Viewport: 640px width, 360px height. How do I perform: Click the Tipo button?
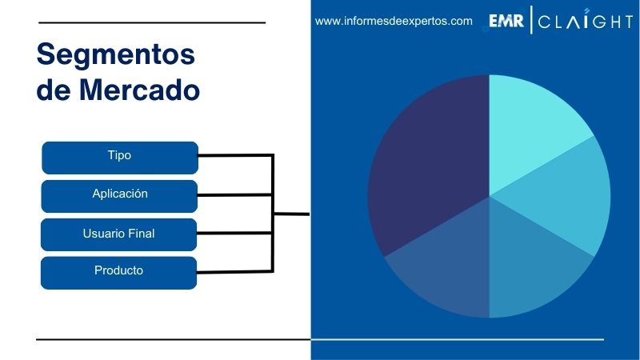coord(119,157)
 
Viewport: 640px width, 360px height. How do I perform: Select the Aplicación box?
coord(119,195)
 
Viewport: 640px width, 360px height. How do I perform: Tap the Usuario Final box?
coord(119,234)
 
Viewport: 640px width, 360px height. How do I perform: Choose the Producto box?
coord(119,272)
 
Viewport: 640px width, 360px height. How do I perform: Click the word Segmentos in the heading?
coord(116,55)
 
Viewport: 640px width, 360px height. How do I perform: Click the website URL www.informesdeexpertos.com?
coord(394,22)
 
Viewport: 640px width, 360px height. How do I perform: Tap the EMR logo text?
coord(506,22)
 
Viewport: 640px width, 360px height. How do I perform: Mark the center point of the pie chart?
coord(489,196)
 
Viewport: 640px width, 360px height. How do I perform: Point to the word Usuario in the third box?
coord(103,234)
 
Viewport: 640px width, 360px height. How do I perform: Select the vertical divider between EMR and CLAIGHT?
coord(530,22)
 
